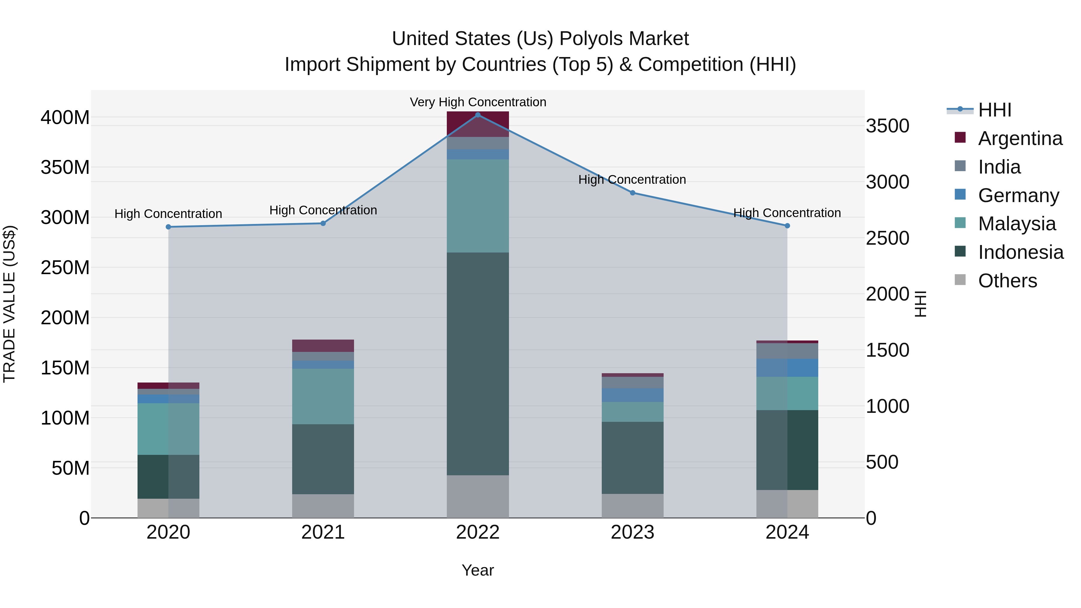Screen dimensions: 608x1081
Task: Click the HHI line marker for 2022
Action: coord(477,115)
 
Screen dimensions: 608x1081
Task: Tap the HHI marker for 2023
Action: coord(632,192)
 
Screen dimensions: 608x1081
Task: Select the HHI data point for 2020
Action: coord(168,227)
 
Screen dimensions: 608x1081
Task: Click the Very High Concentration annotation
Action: coord(477,102)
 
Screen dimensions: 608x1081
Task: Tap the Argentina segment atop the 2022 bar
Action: coord(477,124)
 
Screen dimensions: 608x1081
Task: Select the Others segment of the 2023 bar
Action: coord(632,506)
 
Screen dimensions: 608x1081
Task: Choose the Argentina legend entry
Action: coord(1020,138)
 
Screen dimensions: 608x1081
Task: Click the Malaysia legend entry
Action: coord(1016,224)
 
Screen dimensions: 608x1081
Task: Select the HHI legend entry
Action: coord(995,110)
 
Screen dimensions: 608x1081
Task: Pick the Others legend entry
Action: coord(1007,281)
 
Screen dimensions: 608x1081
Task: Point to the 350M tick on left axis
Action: coord(65,168)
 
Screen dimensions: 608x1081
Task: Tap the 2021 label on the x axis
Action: coord(323,532)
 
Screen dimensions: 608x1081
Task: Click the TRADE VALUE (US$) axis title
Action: coord(9,304)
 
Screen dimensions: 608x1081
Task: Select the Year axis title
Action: coord(477,570)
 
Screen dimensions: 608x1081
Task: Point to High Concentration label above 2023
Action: coord(632,180)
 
